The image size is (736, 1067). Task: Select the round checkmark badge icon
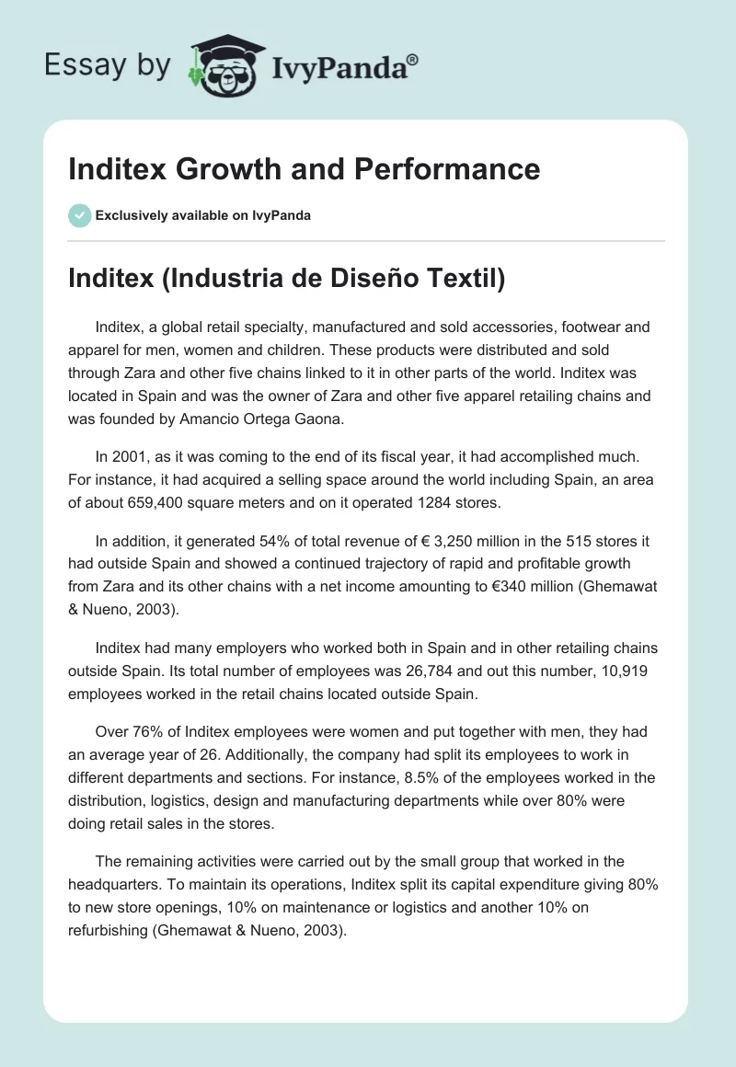79,215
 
